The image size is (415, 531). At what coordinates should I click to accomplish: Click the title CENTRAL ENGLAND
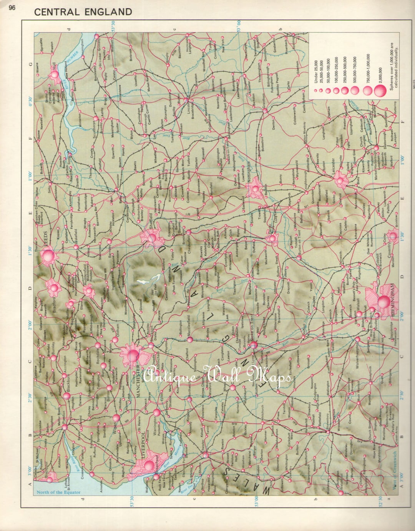83,12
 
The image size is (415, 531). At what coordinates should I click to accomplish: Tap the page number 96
12,7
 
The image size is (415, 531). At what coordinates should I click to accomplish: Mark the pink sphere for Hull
53,73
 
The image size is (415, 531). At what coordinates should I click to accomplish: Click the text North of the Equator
58,492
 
